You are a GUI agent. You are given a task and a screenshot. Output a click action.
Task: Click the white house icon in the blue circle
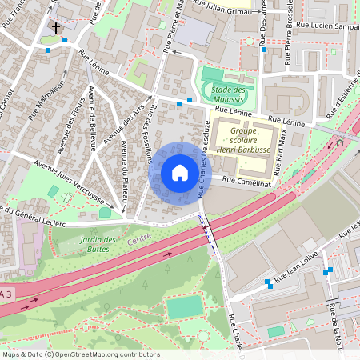point(179,173)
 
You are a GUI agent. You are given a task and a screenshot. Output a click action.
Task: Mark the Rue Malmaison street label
point(50,103)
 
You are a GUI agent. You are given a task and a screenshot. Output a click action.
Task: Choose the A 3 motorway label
point(6,294)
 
